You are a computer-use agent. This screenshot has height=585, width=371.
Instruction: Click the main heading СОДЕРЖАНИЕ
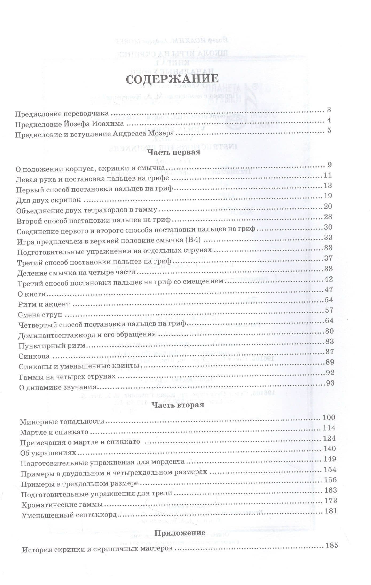click(x=172, y=79)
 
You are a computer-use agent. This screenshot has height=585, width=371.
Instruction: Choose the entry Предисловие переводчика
click(x=62, y=114)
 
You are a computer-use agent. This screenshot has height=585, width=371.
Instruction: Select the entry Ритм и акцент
click(x=44, y=304)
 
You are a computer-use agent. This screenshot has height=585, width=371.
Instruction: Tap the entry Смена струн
click(x=40, y=315)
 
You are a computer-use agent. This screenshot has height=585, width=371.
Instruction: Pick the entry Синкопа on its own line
click(x=34, y=356)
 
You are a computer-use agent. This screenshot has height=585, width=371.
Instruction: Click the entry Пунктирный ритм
click(x=52, y=346)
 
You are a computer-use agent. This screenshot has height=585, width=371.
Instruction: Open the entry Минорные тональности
click(x=62, y=422)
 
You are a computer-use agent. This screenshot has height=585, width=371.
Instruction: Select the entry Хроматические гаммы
click(x=62, y=505)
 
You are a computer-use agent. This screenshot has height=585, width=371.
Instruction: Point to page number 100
click(x=329, y=417)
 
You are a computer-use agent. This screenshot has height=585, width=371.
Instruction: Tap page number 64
click(x=329, y=320)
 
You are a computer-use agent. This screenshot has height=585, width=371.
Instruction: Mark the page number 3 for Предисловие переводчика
click(x=329, y=110)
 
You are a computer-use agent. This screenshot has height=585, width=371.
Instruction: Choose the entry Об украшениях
click(x=48, y=453)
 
